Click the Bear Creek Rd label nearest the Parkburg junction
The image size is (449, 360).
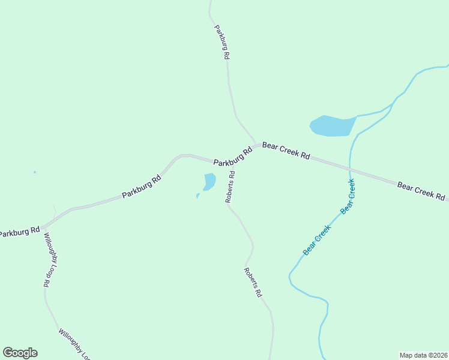pos(286,150)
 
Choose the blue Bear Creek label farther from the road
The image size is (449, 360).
pos(317,240)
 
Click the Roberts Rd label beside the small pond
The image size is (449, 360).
pos(230,187)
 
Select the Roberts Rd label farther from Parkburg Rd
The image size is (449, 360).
pos(253,283)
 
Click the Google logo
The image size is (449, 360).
pos(20,353)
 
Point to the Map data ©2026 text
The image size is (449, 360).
pos(423,355)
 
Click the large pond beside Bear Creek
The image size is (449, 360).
pos(332,126)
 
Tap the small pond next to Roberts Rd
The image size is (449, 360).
pos(209,181)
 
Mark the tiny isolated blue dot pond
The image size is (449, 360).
pos(34,172)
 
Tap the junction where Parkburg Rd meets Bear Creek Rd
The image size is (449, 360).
pos(257,145)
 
